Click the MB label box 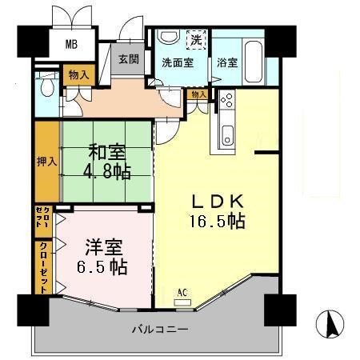click(72, 43)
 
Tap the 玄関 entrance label click(129, 59)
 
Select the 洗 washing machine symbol click(196, 38)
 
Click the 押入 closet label click(46, 161)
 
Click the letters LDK click(212, 200)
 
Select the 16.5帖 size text click(213, 220)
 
